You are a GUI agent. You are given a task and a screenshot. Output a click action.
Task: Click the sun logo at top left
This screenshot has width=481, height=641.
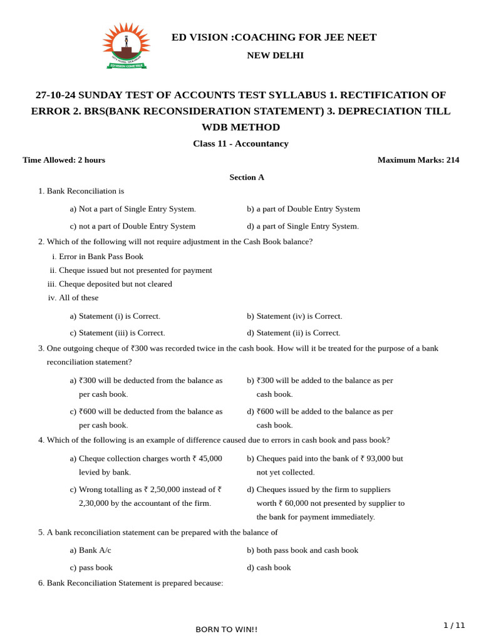[x=126, y=45]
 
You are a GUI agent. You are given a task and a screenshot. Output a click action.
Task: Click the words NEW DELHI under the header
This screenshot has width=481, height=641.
[x=275, y=55]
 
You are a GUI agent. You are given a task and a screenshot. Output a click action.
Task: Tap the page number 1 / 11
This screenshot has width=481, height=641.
[x=455, y=625]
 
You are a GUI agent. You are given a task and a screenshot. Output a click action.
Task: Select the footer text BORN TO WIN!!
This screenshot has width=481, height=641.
[x=226, y=629]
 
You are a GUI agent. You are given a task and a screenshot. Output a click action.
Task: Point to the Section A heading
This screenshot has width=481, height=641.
[x=247, y=177]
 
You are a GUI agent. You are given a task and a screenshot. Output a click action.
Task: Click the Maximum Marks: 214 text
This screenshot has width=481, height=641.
[x=418, y=160]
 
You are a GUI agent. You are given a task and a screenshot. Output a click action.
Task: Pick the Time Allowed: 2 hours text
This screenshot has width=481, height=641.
[x=64, y=160]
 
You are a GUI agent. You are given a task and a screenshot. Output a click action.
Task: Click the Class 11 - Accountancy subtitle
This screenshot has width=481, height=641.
[x=240, y=143]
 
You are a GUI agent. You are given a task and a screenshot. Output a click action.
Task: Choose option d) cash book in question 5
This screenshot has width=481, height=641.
[x=269, y=568]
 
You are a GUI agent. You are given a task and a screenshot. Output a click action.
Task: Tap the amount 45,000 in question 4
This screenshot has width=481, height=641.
[x=210, y=459]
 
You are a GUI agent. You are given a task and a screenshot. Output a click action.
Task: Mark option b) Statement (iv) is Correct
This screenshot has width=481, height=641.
[x=294, y=316]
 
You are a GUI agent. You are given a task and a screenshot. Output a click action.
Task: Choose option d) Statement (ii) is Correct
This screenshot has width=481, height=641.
[x=294, y=333]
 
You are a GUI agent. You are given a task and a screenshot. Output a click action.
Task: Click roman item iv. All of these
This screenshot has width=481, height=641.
[x=73, y=298]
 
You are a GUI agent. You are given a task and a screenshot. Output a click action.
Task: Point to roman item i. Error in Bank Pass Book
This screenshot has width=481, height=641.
[x=97, y=257]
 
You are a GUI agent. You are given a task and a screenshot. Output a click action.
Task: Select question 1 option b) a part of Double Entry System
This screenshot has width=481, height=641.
[x=303, y=209]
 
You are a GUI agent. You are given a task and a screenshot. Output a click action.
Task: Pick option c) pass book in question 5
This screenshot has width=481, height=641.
[x=91, y=568]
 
